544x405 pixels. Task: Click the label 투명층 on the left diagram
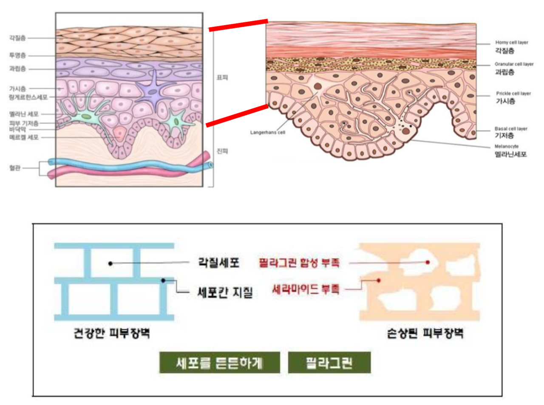pyautogui.click(x=17, y=55)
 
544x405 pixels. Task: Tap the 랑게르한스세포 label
pyautogui.click(x=28, y=97)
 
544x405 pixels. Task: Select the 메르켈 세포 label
pyautogui.click(x=24, y=137)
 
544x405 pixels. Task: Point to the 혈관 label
pyautogui.click(x=15, y=168)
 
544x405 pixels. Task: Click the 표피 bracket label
pyautogui.click(x=222, y=78)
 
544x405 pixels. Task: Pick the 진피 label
pyautogui.click(x=222, y=151)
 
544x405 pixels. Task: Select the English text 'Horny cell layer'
pyautogui.click(x=512, y=42)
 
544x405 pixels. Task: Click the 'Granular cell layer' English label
pyautogui.click(x=514, y=64)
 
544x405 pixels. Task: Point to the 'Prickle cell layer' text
pyautogui.click(x=513, y=93)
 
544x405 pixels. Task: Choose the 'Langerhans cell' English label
pyautogui.click(x=268, y=133)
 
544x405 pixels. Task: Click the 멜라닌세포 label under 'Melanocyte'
pyautogui.click(x=510, y=154)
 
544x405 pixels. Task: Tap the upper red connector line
pyautogui.click(x=238, y=25)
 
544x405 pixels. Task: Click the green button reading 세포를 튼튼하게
pyautogui.click(x=219, y=363)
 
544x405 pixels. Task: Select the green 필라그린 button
pyautogui.click(x=329, y=363)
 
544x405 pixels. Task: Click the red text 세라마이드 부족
pyautogui.click(x=306, y=289)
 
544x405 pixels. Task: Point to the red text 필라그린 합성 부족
pyautogui.click(x=299, y=262)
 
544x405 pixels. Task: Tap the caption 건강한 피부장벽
pyautogui.click(x=111, y=333)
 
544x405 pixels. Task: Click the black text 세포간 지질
pyautogui.click(x=225, y=292)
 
